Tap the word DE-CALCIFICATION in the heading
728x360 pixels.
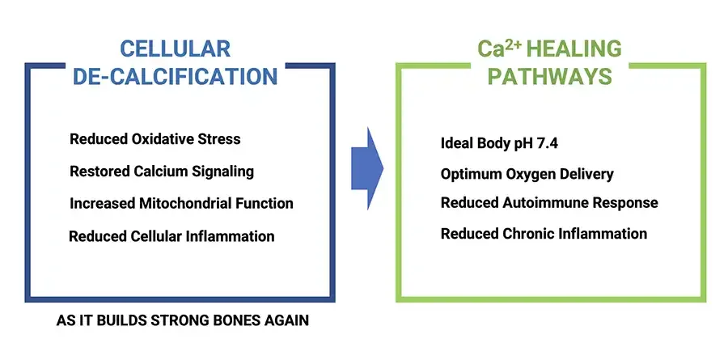pyautogui.click(x=176, y=77)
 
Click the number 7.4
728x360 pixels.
pyautogui.click(x=544, y=143)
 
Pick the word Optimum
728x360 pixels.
pyautogui.click(x=469, y=174)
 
